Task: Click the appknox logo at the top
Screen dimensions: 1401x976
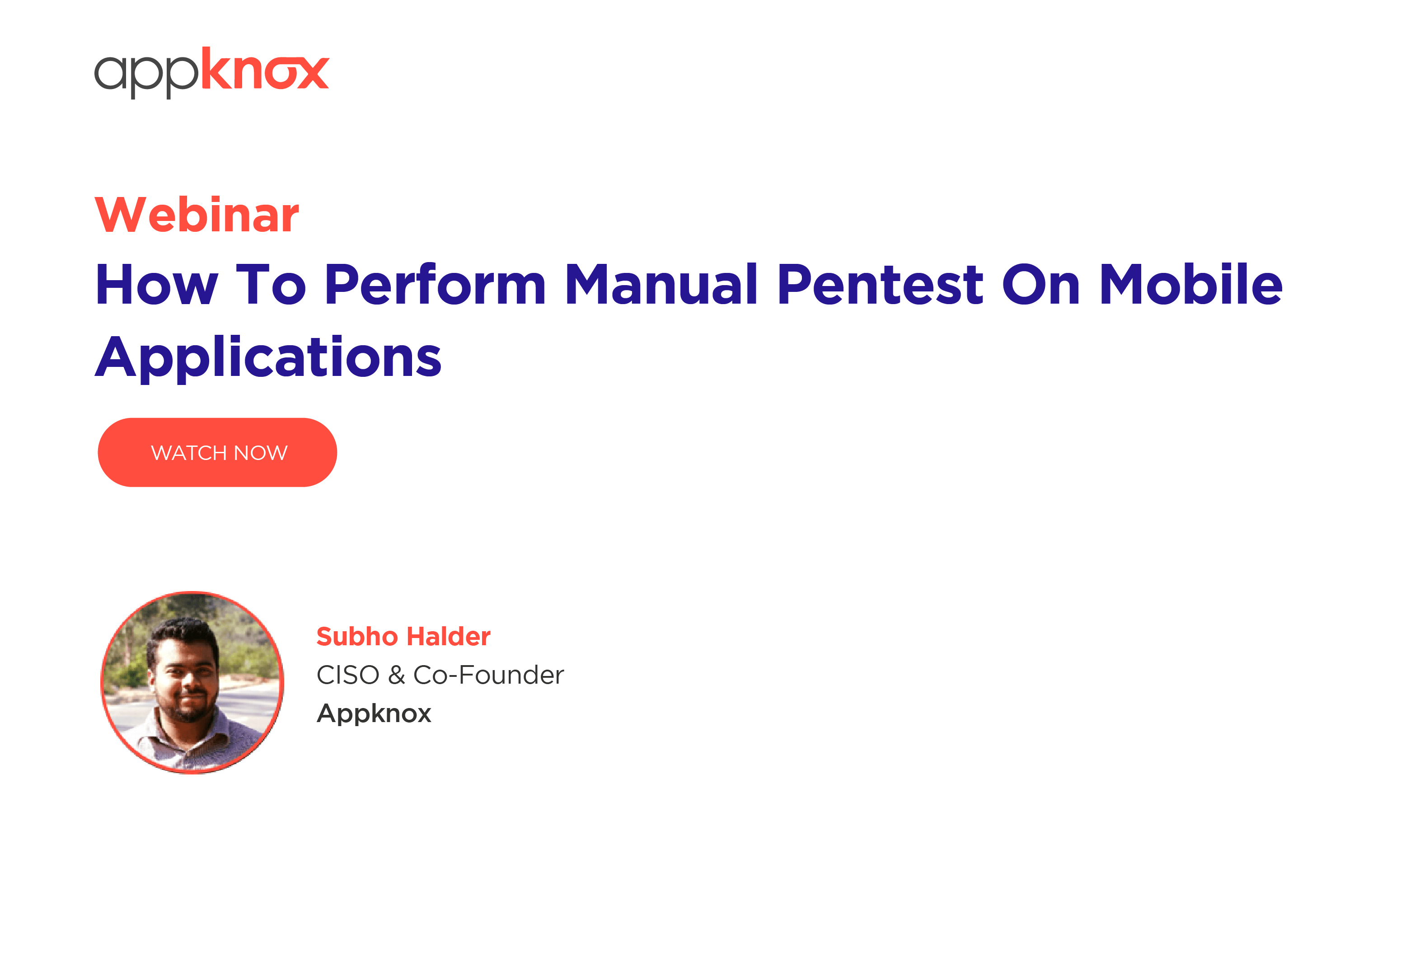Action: pos(212,72)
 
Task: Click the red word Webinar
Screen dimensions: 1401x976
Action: pos(197,215)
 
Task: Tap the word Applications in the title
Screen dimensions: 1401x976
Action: pos(268,358)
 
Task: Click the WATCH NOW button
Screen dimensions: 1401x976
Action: pos(217,452)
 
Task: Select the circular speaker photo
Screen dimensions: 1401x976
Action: pos(192,682)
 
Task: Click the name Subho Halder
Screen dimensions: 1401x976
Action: pos(403,637)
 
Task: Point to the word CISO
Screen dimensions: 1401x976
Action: pos(348,675)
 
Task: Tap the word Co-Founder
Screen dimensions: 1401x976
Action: pos(488,675)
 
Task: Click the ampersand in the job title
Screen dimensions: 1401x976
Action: pos(396,675)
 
